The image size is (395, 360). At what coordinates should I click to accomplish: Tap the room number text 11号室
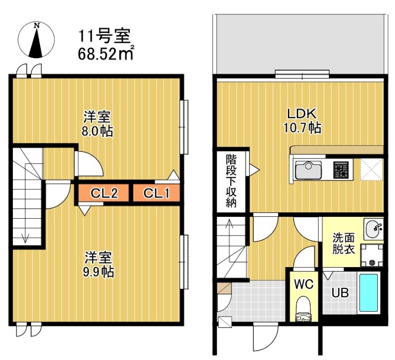tap(104, 37)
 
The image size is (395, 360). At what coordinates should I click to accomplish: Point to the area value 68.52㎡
tap(106, 53)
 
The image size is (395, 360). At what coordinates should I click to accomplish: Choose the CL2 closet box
tap(104, 194)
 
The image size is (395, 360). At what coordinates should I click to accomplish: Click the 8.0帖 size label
tap(97, 131)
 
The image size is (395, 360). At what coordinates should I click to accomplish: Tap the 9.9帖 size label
tap(98, 272)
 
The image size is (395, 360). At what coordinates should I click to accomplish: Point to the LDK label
tap(302, 113)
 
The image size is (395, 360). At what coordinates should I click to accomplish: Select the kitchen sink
tap(308, 171)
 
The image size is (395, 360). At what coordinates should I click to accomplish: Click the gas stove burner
tap(340, 171)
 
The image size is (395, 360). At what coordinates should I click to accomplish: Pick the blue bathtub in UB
tap(368, 292)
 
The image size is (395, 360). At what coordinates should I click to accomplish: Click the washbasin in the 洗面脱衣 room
tap(374, 229)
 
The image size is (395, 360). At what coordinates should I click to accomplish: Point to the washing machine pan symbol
tap(371, 255)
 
